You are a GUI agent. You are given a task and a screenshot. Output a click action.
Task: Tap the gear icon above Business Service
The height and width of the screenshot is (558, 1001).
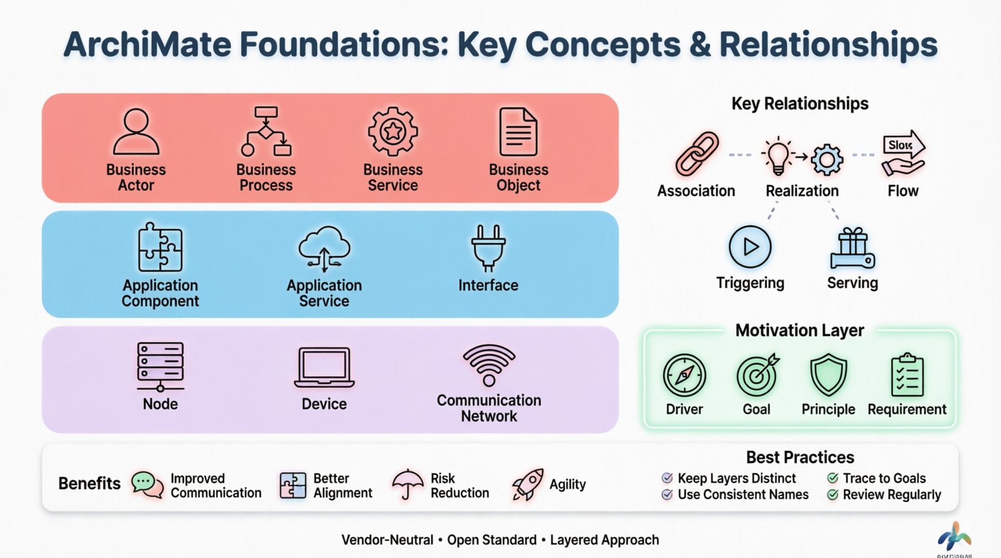click(x=393, y=131)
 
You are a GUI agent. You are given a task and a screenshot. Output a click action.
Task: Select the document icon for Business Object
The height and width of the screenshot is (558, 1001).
click(x=518, y=132)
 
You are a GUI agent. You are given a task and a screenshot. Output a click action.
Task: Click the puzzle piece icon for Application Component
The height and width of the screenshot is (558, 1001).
click(x=160, y=247)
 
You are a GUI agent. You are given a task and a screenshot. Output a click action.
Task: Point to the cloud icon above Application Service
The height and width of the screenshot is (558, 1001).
click(x=324, y=248)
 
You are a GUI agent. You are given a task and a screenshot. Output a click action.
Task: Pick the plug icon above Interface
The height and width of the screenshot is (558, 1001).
click(x=488, y=247)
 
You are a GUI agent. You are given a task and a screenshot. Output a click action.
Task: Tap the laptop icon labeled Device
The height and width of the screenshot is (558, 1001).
click(x=324, y=367)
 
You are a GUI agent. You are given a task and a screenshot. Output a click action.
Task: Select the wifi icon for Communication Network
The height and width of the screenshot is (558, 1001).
click(x=489, y=364)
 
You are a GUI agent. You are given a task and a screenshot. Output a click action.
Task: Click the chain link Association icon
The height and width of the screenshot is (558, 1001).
click(x=697, y=154)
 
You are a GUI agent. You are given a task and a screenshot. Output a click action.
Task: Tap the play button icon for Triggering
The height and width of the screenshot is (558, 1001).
click(x=750, y=247)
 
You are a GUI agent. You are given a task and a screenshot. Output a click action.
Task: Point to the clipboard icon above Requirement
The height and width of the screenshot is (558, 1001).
click(x=907, y=375)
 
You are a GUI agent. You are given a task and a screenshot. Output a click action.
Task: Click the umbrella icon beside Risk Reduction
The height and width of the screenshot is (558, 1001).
click(x=408, y=484)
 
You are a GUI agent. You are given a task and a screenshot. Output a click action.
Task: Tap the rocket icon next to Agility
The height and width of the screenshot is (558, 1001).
click(x=528, y=485)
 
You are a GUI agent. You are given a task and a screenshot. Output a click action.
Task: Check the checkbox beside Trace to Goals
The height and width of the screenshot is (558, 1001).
click(x=833, y=478)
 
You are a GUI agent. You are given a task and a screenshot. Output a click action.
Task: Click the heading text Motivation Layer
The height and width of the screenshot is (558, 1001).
click(x=799, y=330)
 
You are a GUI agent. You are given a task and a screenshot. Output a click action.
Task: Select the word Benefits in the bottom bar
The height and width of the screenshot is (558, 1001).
click(x=89, y=483)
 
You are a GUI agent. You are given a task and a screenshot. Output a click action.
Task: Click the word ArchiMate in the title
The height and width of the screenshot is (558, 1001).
click(x=147, y=44)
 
